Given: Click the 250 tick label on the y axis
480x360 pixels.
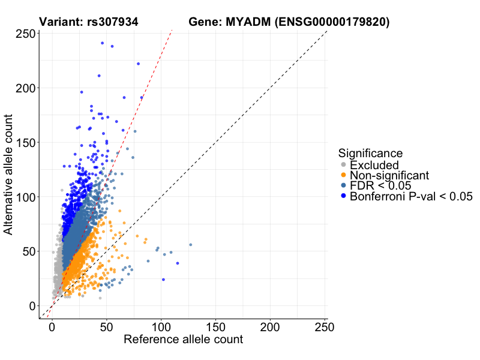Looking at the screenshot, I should click(x=25, y=34).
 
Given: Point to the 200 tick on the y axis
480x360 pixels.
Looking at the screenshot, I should click(x=25, y=88).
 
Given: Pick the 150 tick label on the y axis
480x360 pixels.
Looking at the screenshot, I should click(x=25, y=143).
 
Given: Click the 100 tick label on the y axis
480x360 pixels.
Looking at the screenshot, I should click(x=25, y=197).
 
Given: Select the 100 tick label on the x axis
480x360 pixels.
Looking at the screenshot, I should click(x=161, y=328).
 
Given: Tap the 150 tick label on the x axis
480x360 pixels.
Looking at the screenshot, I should click(x=215, y=328).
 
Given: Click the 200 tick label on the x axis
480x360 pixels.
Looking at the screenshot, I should click(x=270, y=328).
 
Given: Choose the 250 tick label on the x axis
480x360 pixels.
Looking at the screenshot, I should click(x=325, y=328).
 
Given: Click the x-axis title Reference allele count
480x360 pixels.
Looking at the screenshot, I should click(x=183, y=340).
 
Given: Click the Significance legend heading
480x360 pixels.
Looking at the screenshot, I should click(x=370, y=153).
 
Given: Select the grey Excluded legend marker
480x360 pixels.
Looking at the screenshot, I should click(x=343, y=165).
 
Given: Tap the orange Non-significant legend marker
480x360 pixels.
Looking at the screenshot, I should click(x=343, y=175).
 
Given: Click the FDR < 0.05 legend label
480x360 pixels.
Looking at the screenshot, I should click(x=385, y=185).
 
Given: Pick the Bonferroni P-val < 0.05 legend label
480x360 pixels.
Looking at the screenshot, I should click(x=411, y=196).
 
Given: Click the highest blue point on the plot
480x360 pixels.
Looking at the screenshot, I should click(x=102, y=43).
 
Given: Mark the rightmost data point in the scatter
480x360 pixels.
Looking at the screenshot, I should click(x=190, y=245).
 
